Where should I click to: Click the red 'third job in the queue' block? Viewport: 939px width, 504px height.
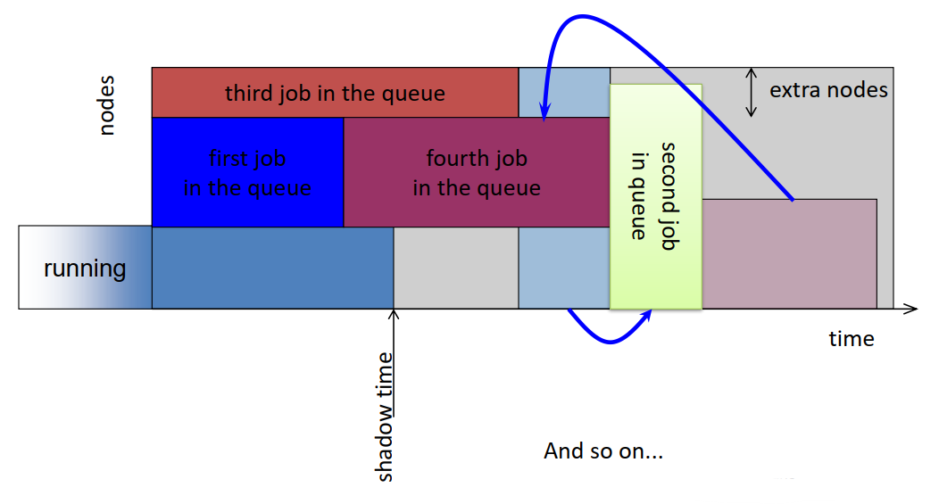[335, 93]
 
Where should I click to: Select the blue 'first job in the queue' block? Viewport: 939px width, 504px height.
[247, 172]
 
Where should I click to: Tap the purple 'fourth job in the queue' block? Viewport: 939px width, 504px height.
[476, 172]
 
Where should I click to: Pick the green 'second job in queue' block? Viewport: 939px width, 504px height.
[655, 196]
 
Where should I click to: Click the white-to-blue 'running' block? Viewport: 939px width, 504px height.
[85, 268]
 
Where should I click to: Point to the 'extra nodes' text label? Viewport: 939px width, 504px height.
[828, 90]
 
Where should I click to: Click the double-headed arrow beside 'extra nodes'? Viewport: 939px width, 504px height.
[752, 92]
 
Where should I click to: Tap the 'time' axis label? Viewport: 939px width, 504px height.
[851, 339]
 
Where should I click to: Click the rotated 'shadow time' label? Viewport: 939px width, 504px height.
[385, 415]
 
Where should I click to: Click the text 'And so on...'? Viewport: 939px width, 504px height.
[603, 450]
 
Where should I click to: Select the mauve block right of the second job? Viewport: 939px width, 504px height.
[789, 254]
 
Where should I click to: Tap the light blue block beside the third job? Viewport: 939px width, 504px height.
[563, 91]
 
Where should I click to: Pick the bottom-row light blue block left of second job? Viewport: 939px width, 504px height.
[563, 268]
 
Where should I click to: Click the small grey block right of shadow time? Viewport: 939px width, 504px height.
[456, 268]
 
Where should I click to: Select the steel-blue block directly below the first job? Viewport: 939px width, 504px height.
[272, 268]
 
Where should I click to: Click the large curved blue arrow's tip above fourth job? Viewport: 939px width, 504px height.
[543, 113]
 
